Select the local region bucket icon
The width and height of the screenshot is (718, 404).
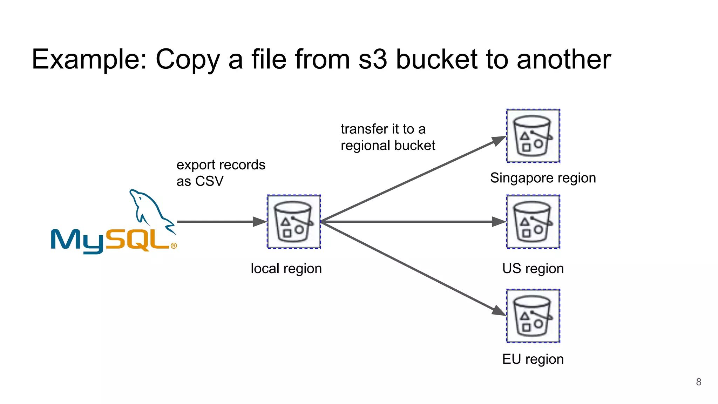pos(294,222)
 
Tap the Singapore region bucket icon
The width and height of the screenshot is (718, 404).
pos(533,136)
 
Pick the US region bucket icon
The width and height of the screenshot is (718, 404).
pos(533,222)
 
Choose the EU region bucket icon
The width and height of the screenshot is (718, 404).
pos(533,316)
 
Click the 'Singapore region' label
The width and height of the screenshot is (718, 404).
pos(543,178)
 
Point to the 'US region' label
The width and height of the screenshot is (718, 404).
pos(533,269)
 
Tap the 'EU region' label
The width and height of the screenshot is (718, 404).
pos(533,359)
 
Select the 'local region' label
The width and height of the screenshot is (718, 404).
pos(286,269)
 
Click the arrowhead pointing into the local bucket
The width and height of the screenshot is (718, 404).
pos(260,222)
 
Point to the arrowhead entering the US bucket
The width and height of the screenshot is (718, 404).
pos(499,222)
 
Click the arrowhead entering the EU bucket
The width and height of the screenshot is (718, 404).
pos(499,310)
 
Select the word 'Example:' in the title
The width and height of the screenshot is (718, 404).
pos(89,60)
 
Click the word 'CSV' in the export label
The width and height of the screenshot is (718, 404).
pos(209,181)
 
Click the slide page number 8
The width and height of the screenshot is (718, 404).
pos(698,382)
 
